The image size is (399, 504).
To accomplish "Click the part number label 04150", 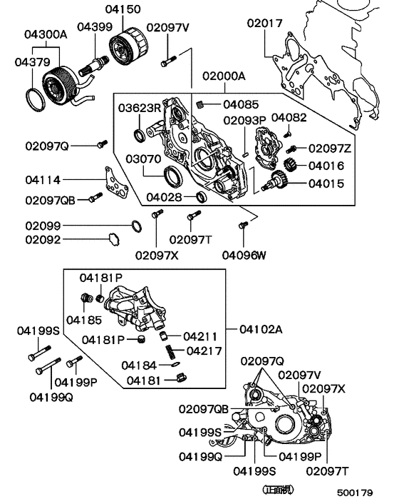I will tap(123, 9).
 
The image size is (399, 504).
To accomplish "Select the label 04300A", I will tap(46, 34).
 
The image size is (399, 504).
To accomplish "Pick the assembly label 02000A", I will tap(223, 76).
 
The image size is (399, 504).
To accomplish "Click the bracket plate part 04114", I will tap(113, 181).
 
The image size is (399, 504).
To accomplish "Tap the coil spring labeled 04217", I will tap(171, 352).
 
